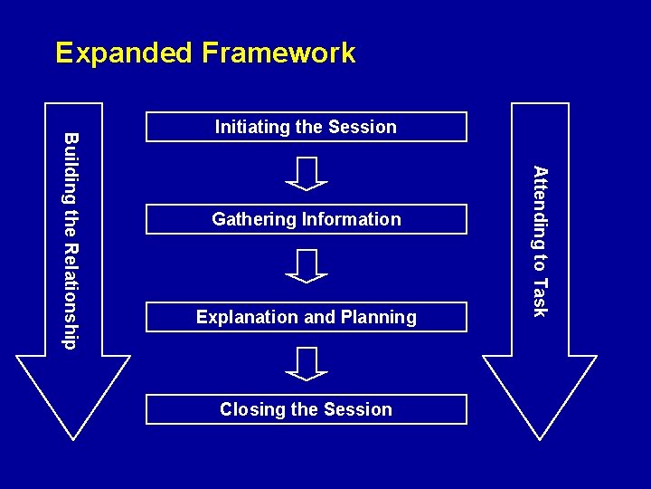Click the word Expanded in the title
tap(124, 53)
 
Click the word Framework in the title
tap(278, 53)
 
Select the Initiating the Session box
tap(307, 127)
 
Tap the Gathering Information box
tap(307, 219)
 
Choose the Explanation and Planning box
tap(307, 317)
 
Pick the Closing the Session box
tap(307, 409)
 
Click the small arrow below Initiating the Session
tap(307, 173)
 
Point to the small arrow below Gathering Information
tap(307, 266)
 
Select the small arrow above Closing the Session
tap(307, 363)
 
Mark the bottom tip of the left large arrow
tap(74, 438)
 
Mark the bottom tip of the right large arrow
tap(540, 438)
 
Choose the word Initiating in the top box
tap(252, 127)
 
